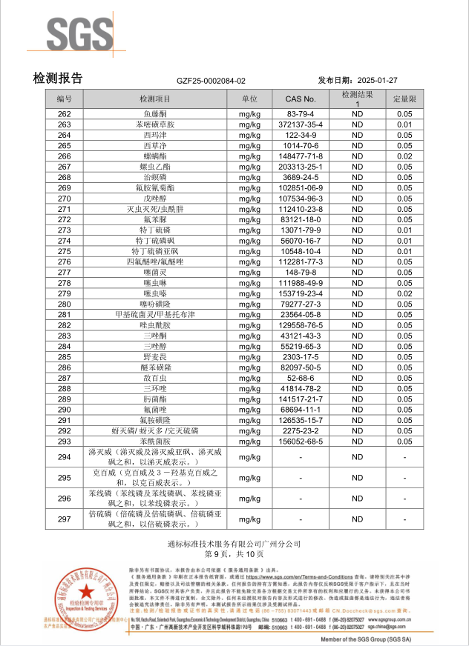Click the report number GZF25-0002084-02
[x=211, y=81]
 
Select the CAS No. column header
[x=301, y=99]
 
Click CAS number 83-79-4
[x=301, y=114]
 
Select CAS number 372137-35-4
[x=301, y=124]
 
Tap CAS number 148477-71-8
[x=301, y=156]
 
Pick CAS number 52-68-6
[x=301, y=378]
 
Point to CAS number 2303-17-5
[x=301, y=357]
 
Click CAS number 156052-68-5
[x=301, y=442]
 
